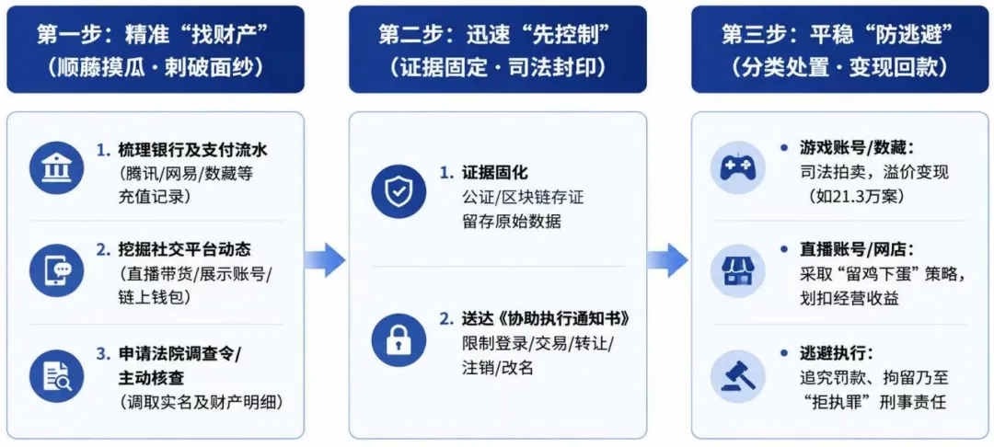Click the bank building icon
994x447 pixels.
(x=56, y=168)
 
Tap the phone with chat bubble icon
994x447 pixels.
(x=56, y=271)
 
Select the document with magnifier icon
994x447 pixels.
(x=56, y=375)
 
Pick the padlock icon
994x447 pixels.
(x=399, y=340)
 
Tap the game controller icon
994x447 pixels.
(x=737, y=167)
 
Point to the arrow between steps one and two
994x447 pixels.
(x=325, y=259)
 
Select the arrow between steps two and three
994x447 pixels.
(x=667, y=259)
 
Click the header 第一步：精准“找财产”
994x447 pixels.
(x=156, y=35)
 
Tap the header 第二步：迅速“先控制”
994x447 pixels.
(x=498, y=35)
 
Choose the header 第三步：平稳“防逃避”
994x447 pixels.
(x=840, y=35)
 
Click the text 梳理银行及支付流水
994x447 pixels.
(x=184, y=151)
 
